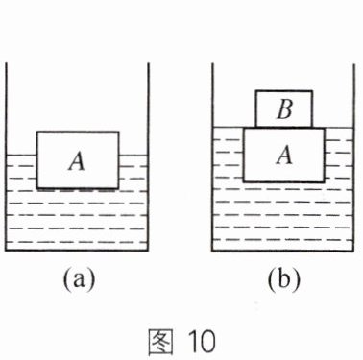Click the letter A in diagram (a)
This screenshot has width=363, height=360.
pos(77,161)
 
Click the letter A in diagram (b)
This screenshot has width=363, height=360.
pos(284,155)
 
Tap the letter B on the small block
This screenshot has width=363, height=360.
pos(284,109)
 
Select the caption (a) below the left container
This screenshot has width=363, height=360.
pos(79,279)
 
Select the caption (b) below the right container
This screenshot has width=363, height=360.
pos(284,279)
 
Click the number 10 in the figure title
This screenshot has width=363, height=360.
pos(202,342)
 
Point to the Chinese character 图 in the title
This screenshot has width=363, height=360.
pos(160,342)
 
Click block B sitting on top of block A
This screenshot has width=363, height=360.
pos(284,108)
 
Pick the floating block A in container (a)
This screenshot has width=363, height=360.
pos(78,159)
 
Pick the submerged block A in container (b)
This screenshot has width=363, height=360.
pos(284,155)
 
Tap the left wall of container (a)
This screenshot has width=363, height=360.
pos(6,156)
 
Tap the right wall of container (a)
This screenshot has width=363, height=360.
pos(148,156)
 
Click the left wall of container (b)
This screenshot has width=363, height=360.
pos(212,156)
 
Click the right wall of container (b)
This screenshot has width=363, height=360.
pos(354,156)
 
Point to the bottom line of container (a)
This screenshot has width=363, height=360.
pos(77,251)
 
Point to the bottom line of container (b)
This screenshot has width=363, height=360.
pos(283,251)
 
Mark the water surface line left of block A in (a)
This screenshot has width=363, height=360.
pos(21,156)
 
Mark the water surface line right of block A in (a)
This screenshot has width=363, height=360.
pos(133,156)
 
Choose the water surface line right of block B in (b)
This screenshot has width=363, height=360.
pos(333,128)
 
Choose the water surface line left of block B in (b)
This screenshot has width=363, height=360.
pos(234,128)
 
